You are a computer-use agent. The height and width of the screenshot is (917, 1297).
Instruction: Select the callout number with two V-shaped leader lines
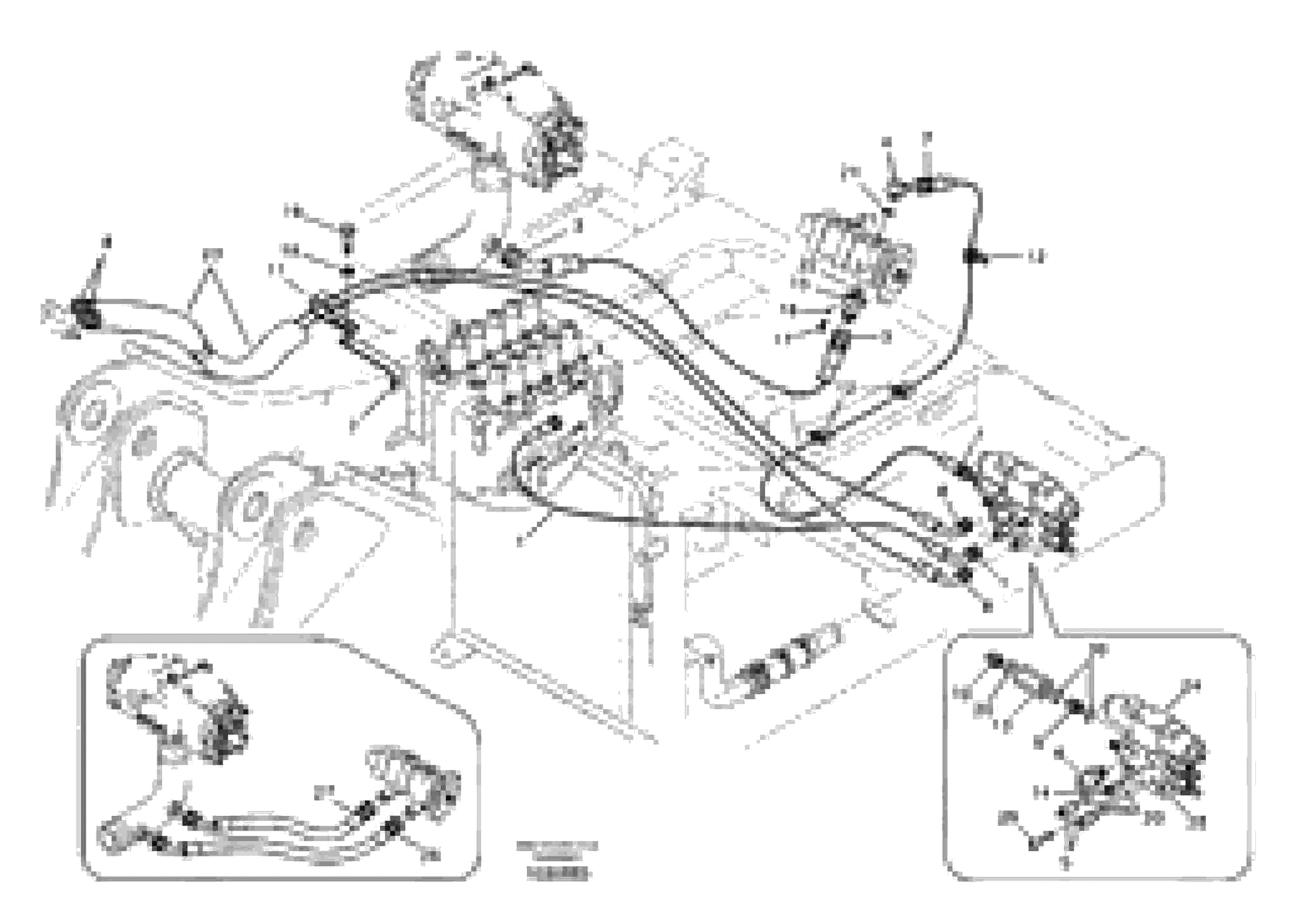(x=213, y=254)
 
